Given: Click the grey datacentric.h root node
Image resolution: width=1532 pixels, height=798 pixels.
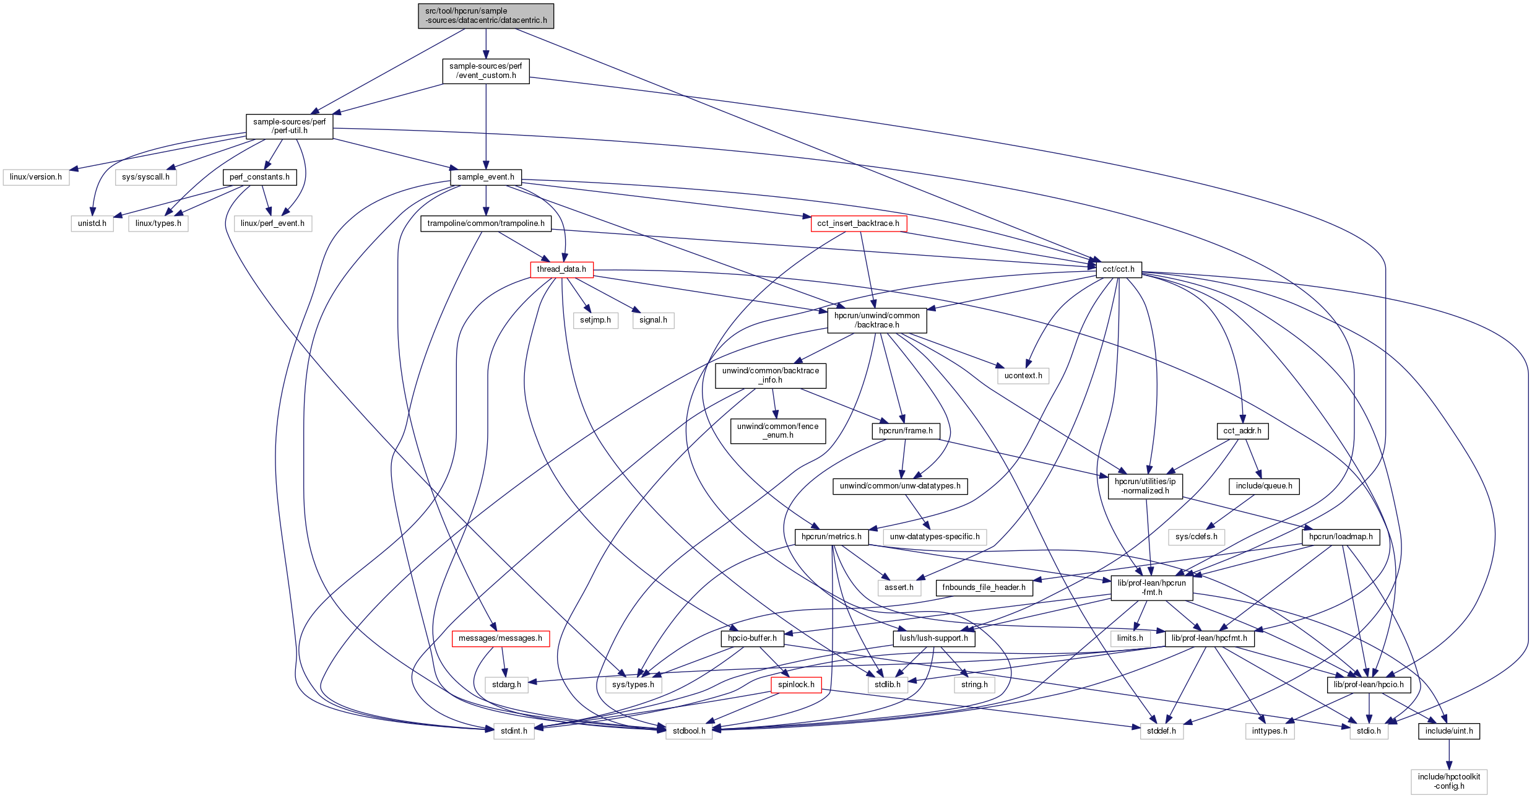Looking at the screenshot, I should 486,16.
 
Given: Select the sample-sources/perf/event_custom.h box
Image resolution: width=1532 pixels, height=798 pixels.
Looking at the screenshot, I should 486,71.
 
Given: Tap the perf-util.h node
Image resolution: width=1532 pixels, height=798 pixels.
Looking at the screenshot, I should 289,126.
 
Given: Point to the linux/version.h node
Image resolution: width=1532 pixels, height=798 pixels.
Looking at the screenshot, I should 36,177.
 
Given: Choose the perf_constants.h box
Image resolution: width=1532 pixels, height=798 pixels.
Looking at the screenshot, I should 259,177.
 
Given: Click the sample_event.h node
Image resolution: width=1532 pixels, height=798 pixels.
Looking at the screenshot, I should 486,177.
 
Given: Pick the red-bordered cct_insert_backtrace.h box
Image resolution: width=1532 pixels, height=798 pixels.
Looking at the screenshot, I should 859,223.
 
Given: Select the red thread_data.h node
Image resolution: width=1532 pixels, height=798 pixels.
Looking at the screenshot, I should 561,269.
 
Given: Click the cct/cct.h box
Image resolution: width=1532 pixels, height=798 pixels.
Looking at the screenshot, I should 1119,269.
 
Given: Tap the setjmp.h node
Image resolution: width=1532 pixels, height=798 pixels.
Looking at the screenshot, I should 595,320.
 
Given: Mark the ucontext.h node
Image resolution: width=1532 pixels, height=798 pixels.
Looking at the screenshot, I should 1023,376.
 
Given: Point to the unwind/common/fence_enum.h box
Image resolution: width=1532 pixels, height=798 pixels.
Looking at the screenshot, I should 778,431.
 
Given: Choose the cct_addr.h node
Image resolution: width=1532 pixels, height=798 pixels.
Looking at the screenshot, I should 1242,431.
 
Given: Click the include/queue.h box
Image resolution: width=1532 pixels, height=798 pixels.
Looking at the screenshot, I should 1264,486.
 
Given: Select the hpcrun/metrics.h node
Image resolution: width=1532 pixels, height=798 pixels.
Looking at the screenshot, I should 831,537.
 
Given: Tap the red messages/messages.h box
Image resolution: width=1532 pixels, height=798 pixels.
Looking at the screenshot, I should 500,638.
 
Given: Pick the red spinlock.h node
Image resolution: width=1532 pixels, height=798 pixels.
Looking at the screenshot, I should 797,685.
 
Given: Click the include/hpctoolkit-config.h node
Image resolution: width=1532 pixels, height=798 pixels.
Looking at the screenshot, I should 1449,781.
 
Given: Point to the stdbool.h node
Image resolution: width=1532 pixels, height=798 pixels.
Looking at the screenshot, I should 689,731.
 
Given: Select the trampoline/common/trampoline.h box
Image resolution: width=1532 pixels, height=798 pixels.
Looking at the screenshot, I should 486,223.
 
